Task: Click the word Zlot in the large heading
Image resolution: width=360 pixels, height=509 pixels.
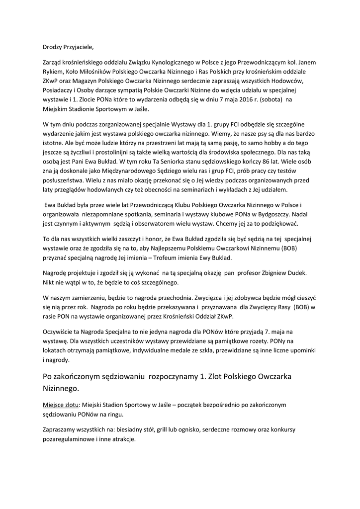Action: pyautogui.click(x=220, y=376)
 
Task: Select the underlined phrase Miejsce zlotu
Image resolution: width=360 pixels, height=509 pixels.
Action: pyautogui.click(x=61, y=405)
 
